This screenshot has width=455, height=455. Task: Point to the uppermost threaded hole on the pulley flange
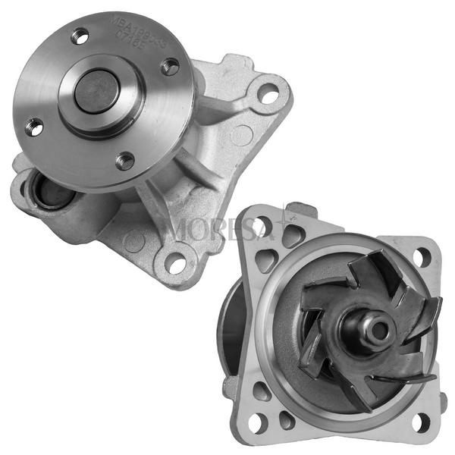pos(80,35)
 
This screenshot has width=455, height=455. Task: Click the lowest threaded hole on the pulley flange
pos(125,160)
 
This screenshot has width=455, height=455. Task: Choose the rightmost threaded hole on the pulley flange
pos(171,67)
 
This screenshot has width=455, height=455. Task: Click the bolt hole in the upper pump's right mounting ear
pos(268,95)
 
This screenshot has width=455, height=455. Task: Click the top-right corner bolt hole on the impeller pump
pos(422,256)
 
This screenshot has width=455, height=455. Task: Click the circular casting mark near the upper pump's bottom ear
pos(134,242)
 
